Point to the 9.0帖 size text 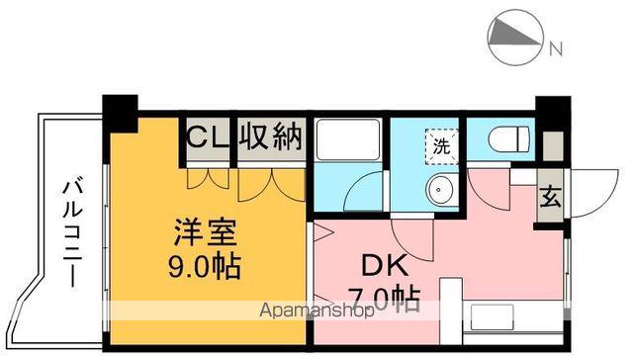(205, 267)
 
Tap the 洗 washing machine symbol (440, 144)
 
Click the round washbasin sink (438, 189)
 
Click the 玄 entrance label (549, 196)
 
